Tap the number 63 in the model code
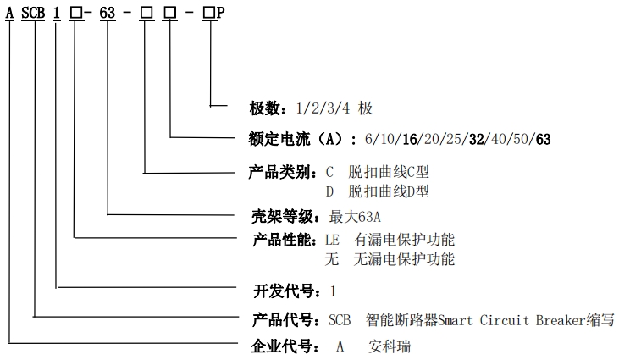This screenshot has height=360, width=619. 108,15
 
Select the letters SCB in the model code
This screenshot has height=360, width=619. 34,15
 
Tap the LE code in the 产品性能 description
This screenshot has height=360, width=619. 332,240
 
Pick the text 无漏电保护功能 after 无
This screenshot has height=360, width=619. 405,258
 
